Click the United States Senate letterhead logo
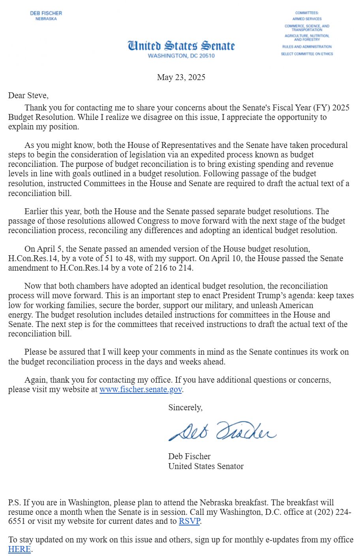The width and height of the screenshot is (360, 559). click(181, 46)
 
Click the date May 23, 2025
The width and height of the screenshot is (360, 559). click(181, 77)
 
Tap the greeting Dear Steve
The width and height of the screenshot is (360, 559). click(28, 95)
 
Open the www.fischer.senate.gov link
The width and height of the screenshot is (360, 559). click(141, 389)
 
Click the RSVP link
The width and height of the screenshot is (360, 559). click(189, 521)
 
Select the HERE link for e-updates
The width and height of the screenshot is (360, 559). click(19, 549)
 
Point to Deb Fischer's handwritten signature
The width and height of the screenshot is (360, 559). click(222, 431)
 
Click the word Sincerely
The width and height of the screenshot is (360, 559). click(185, 408)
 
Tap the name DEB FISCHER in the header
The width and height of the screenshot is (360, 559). click(46, 13)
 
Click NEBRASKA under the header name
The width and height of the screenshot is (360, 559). click(46, 19)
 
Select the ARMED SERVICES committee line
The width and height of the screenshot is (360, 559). click(307, 19)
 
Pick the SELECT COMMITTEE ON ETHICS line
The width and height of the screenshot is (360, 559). click(307, 54)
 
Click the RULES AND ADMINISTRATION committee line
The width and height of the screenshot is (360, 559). click(307, 47)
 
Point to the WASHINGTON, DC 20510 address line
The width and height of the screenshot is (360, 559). click(181, 56)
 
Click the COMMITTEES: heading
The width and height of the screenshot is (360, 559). click(307, 13)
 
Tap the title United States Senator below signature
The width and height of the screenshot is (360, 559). click(206, 466)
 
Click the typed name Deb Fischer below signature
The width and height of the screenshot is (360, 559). click(189, 456)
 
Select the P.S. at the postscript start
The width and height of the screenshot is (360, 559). click(15, 503)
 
